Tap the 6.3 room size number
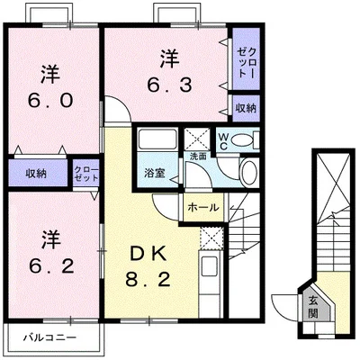tap(168, 85)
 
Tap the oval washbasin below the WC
tap(249, 173)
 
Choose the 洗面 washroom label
tap(197, 157)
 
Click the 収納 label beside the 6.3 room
tap(245, 107)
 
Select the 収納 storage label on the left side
tap(35, 172)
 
